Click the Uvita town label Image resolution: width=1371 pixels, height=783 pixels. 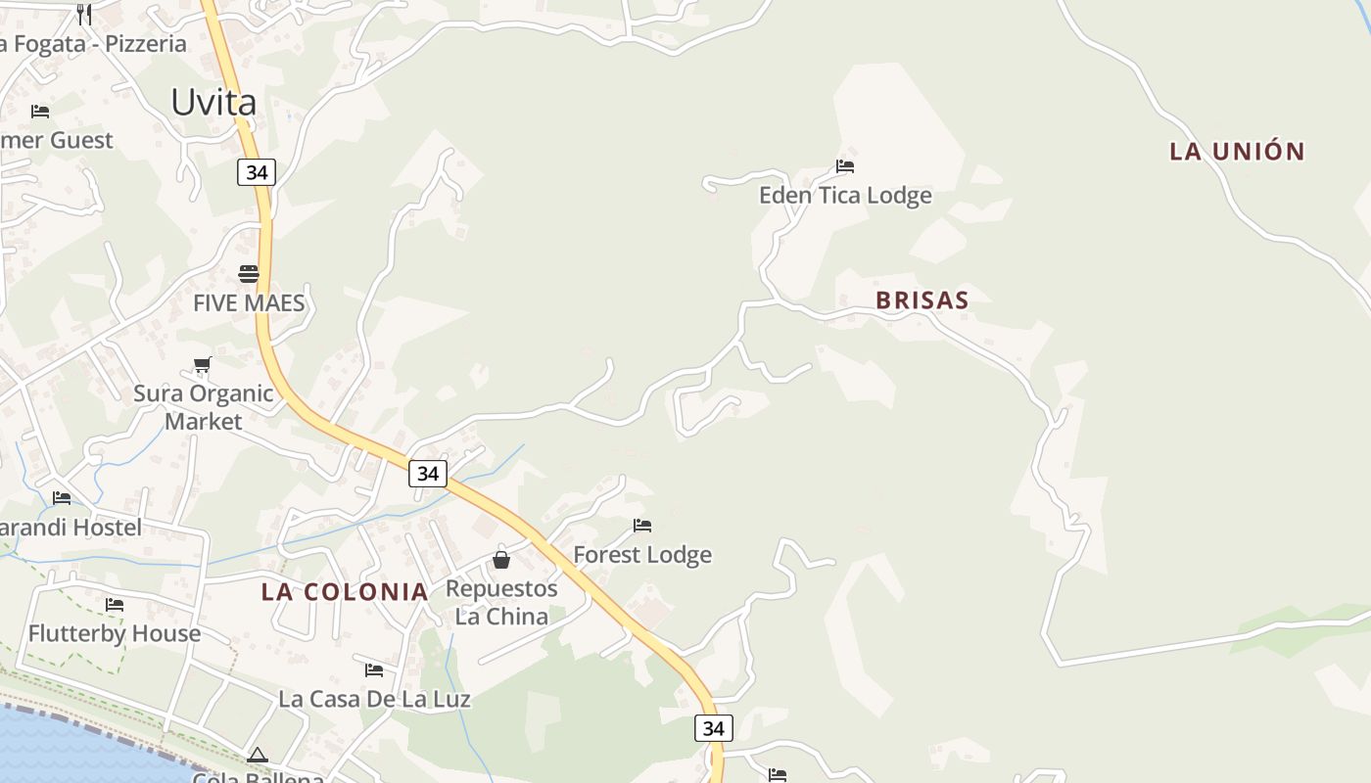pyautogui.click(x=213, y=102)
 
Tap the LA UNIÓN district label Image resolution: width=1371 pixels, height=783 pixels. pyautogui.click(x=1237, y=151)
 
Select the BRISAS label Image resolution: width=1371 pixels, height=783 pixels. pyautogui.click(x=922, y=299)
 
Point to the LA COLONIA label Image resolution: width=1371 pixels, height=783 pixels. pyautogui.click(x=345, y=591)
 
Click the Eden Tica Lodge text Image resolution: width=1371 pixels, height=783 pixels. pyautogui.click(x=845, y=196)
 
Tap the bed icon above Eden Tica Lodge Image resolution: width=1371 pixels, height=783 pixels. pyautogui.click(x=845, y=166)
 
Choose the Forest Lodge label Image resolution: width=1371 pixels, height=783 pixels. pyautogui.click(x=642, y=555)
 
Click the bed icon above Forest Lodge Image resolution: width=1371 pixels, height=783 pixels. pyautogui.click(x=642, y=526)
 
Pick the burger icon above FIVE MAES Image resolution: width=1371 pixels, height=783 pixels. pyautogui.click(x=249, y=273)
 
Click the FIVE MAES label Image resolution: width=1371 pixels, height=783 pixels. pyautogui.click(x=249, y=302)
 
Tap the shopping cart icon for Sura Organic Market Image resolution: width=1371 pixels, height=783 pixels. pyautogui.click(x=203, y=365)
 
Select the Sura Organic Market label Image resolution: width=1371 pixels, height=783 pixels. pyautogui.click(x=204, y=407)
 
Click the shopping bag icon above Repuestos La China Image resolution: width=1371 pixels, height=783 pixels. pyautogui.click(x=501, y=560)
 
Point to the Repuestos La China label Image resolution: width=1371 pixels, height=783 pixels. pyautogui.click(x=501, y=602)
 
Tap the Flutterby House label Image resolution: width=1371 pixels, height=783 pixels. pyautogui.click(x=115, y=633)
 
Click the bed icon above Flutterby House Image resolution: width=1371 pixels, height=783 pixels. pyautogui.click(x=115, y=605)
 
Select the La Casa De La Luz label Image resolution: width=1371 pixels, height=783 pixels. pyautogui.click(x=374, y=699)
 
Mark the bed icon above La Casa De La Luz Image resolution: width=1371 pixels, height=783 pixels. pyautogui.click(x=374, y=670)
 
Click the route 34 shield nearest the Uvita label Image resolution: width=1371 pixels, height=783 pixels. pyautogui.click(x=257, y=172)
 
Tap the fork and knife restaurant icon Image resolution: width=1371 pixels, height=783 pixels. pyautogui.click(x=84, y=14)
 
